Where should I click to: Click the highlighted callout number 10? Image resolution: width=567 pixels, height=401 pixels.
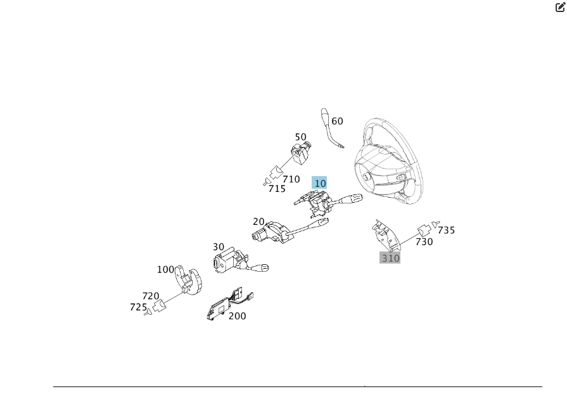coord(320,183)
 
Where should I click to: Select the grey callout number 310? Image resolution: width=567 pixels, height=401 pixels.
coord(390,258)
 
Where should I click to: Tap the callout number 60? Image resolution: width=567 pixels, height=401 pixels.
coord(338,121)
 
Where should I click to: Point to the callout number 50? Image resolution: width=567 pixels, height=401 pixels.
coord(301,137)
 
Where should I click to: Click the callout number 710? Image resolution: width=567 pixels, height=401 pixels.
coord(291,179)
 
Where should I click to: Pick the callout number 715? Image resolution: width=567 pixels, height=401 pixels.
coord(277,189)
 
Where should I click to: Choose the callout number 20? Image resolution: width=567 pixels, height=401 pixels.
coord(258,222)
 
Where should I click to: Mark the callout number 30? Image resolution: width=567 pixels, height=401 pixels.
coord(219,247)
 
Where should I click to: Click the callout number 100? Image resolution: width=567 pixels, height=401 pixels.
coord(165,269)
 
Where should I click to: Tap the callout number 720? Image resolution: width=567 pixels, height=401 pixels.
coord(151,296)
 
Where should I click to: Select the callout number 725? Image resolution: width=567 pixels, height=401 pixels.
coord(138,307)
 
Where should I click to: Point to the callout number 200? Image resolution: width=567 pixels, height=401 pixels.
coord(238,316)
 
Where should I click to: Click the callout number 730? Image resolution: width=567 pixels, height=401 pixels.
coord(424,242)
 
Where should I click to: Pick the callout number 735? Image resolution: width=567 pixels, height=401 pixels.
coord(447,231)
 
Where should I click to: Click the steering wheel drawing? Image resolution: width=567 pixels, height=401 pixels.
coord(386,162)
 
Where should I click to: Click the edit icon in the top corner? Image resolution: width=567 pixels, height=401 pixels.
coord(560,7)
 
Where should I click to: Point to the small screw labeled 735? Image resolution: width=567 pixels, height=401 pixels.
coord(436,224)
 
